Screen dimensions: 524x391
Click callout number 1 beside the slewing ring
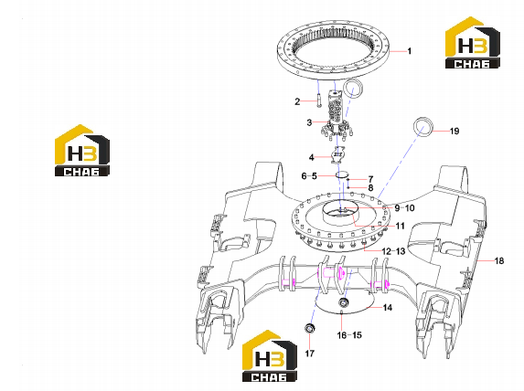point(410,51)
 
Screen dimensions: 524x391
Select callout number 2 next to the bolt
point(297,101)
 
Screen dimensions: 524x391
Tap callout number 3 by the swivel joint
point(309,122)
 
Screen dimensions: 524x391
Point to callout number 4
point(312,157)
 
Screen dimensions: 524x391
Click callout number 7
point(370,179)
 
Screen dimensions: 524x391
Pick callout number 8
point(370,188)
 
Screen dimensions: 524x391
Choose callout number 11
point(400,226)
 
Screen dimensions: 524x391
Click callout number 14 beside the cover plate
point(388,307)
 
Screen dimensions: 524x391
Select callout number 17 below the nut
point(310,354)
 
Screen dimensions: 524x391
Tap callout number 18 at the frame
point(499,260)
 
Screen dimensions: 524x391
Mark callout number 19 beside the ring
point(454,132)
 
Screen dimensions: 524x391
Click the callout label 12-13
point(393,251)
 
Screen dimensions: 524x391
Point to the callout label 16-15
point(349,335)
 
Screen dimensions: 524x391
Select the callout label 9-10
point(405,208)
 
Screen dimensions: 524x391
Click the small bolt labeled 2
point(318,100)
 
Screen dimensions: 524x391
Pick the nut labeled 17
point(310,328)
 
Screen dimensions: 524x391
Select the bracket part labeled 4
point(338,155)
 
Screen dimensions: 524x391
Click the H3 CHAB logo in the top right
point(473,43)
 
